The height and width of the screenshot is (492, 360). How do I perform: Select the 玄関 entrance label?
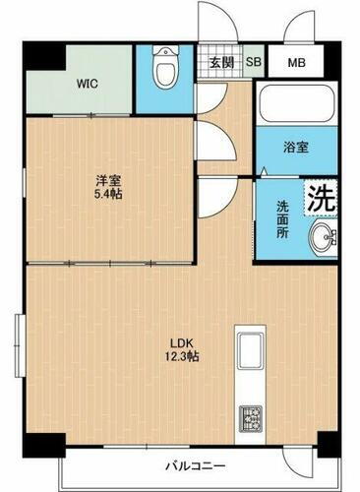pos(222,62)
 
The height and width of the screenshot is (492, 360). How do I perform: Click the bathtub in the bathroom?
pos(296,103)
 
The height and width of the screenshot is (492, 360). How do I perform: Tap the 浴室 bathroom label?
pos(294,148)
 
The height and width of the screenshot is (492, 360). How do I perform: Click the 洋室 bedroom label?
pos(107,180)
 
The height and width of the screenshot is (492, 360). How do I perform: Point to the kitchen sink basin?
pos(247,350)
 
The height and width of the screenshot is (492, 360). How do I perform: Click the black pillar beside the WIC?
pos(37,56)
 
